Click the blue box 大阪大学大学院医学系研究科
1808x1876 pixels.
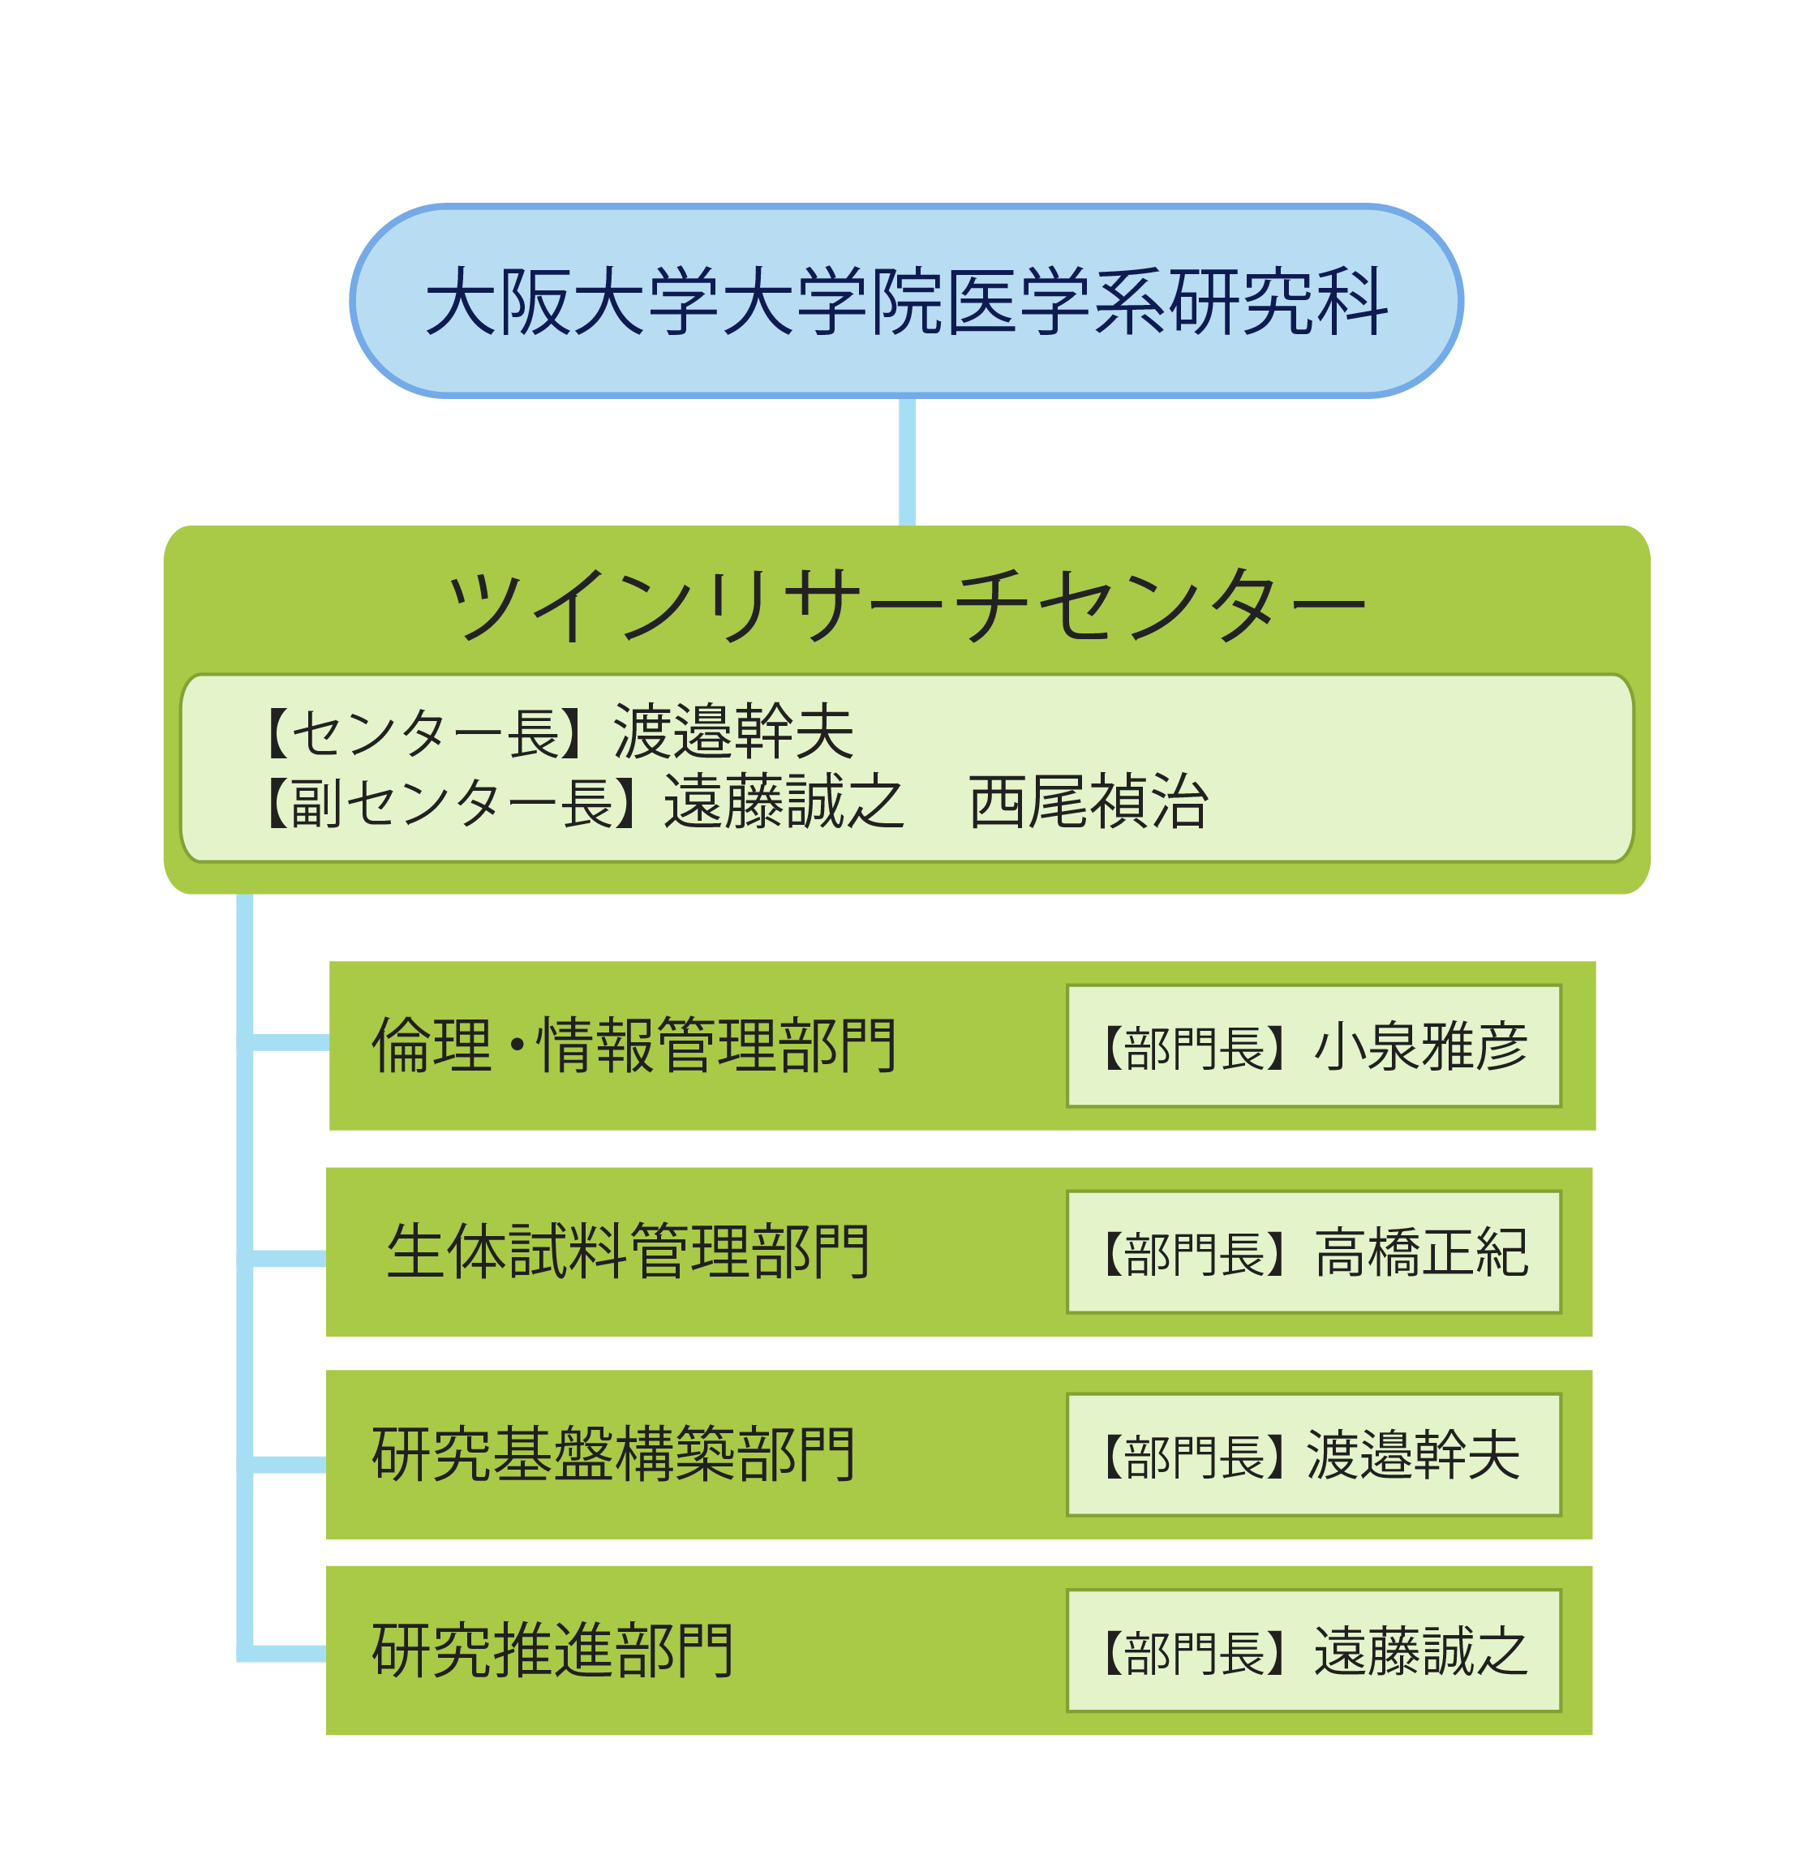tap(905, 301)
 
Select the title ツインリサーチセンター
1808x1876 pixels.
tap(905, 605)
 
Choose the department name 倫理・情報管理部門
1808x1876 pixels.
tap(633, 1045)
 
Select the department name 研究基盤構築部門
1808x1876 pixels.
tap(613, 1455)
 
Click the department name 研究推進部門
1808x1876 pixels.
tap(552, 1651)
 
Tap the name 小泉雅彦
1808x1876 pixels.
tap(1420, 1046)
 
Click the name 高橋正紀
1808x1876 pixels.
tap(1420, 1252)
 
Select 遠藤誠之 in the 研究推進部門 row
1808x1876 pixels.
tap(1420, 1652)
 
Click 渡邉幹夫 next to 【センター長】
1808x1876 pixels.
tap(733, 734)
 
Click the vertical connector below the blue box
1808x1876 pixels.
tap(906, 461)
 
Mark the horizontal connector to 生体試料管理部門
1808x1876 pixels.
tap(289, 1259)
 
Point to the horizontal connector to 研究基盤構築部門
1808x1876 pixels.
tap(289, 1465)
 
